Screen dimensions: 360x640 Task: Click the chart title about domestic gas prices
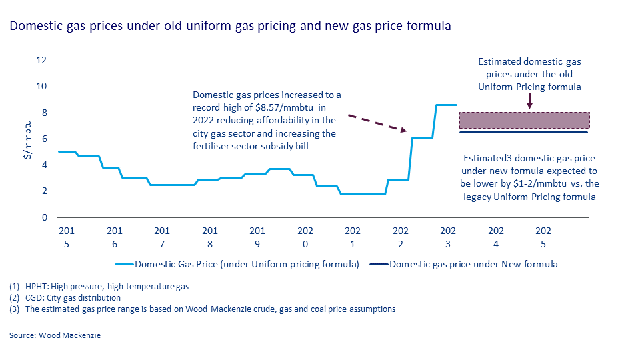230,27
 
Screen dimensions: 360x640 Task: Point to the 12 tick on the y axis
41,61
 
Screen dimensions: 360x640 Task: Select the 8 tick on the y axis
43,113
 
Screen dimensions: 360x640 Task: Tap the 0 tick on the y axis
43,217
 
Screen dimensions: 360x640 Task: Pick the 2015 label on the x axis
67,237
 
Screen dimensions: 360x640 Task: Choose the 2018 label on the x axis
210,237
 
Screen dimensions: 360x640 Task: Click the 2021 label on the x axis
353,237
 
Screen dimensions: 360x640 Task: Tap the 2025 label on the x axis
543,237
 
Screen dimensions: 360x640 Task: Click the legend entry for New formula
473,264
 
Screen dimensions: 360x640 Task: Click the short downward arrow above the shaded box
529,101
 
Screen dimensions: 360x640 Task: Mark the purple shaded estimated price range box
525,120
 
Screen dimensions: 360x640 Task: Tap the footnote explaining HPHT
100,287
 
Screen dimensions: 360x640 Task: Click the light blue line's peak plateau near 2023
446,105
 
